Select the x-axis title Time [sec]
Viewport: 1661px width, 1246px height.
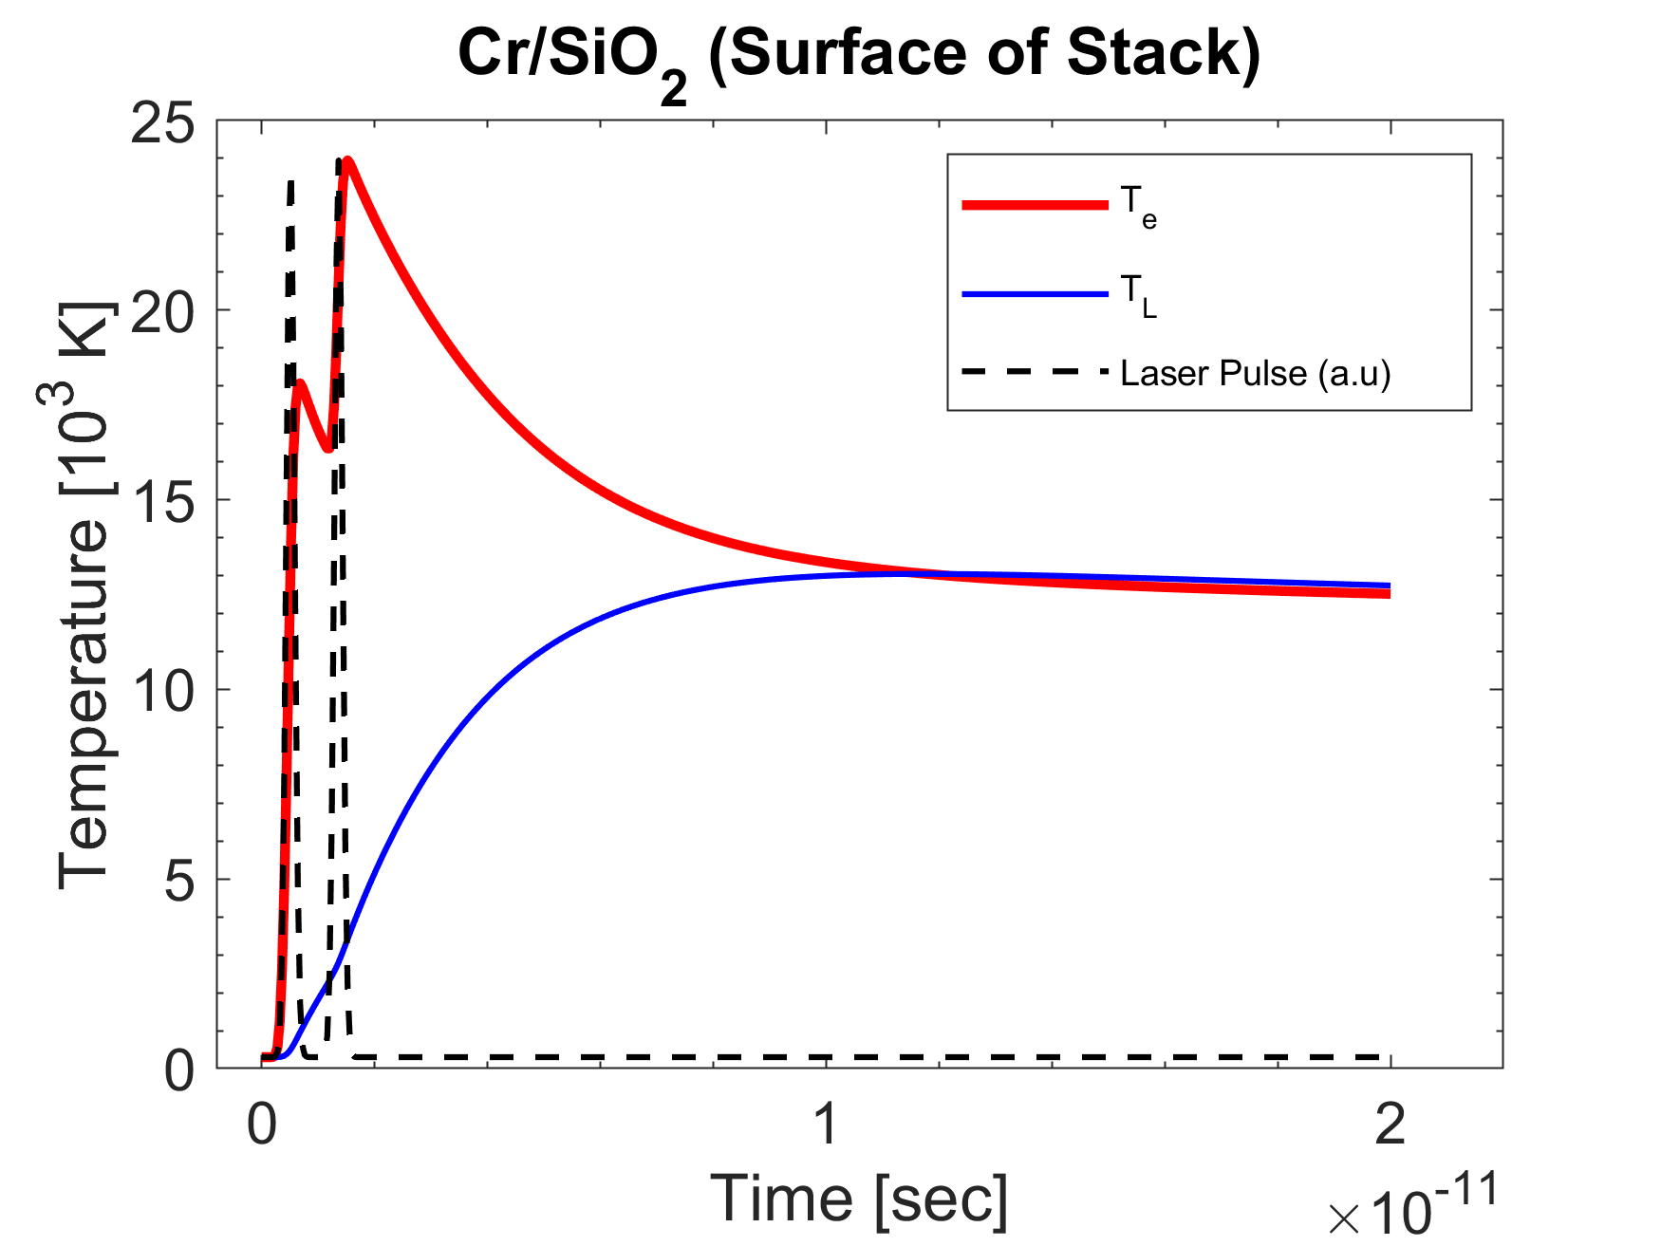pyautogui.click(x=859, y=1199)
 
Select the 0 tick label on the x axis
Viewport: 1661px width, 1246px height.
pyautogui.click(x=262, y=1125)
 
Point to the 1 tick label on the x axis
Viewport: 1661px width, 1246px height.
pyautogui.click(x=827, y=1125)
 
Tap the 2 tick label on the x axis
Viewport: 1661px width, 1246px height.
pyautogui.click(x=1390, y=1125)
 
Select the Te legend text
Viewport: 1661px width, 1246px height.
pyautogui.click(x=1138, y=207)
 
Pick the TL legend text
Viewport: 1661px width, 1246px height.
pyautogui.click(x=1138, y=295)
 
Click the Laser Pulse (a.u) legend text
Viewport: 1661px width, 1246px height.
pyautogui.click(x=1255, y=373)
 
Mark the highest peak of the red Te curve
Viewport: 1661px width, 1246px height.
pyautogui.click(x=348, y=159)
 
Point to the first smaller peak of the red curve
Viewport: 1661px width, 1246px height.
pyautogui.click(x=300, y=382)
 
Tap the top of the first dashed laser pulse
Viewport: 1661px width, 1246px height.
pyautogui.click(x=290, y=180)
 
